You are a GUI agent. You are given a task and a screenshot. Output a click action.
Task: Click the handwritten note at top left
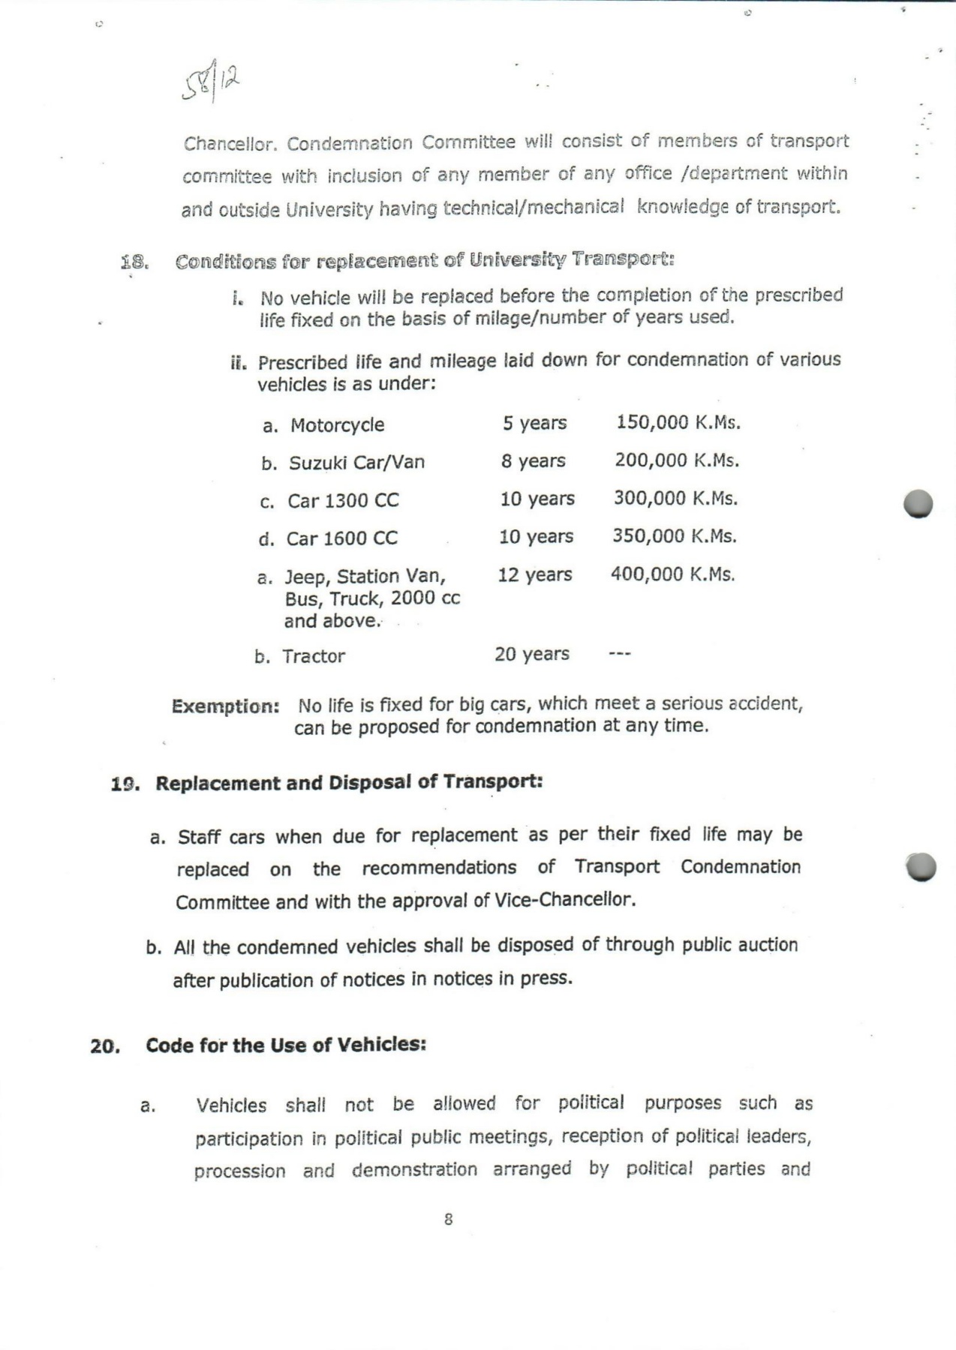click(x=212, y=81)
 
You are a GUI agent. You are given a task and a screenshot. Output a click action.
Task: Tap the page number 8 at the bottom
click(x=449, y=1219)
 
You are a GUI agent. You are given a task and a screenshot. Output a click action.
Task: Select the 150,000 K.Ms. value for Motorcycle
click(x=678, y=422)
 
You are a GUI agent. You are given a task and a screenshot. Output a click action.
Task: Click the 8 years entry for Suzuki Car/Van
click(x=534, y=460)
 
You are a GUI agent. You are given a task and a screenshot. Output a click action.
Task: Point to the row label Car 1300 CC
click(x=343, y=501)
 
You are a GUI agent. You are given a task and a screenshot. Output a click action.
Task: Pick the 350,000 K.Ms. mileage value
click(x=675, y=536)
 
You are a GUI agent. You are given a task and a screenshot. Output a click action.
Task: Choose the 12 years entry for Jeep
click(x=535, y=574)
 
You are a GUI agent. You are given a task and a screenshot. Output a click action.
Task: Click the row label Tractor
click(x=314, y=656)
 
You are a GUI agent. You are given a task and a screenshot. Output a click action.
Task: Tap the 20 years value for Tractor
click(x=532, y=654)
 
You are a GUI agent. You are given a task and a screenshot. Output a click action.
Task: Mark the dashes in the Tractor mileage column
click(x=620, y=655)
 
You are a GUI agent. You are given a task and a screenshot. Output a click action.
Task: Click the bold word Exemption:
click(x=226, y=706)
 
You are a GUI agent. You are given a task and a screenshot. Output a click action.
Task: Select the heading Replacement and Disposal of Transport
click(x=349, y=783)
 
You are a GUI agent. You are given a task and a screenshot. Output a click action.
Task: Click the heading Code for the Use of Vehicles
click(x=286, y=1045)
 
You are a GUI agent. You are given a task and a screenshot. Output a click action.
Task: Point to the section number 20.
click(x=105, y=1046)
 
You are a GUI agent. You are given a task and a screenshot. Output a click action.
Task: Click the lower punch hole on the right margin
click(x=921, y=866)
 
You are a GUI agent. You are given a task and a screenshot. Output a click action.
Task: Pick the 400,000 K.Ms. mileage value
click(x=672, y=574)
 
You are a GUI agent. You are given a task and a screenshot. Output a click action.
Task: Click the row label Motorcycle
click(x=337, y=425)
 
